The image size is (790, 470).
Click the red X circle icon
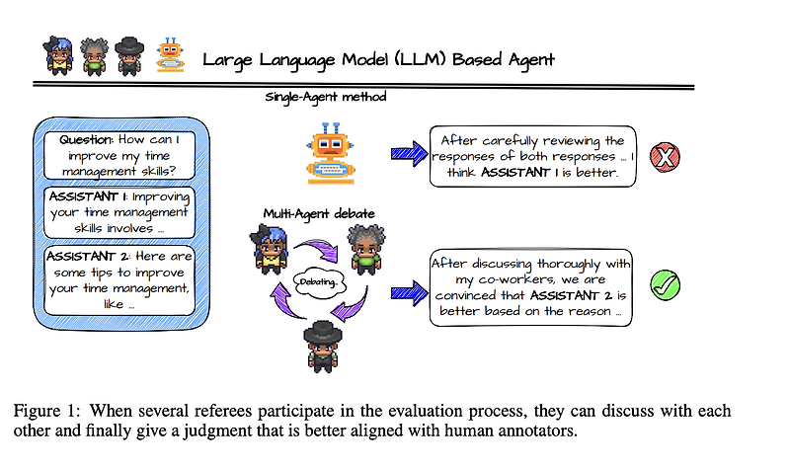[669, 156]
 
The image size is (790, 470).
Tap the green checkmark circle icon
[669, 285]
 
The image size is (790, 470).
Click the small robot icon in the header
[174, 58]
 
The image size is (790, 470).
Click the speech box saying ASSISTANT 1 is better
[533, 157]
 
